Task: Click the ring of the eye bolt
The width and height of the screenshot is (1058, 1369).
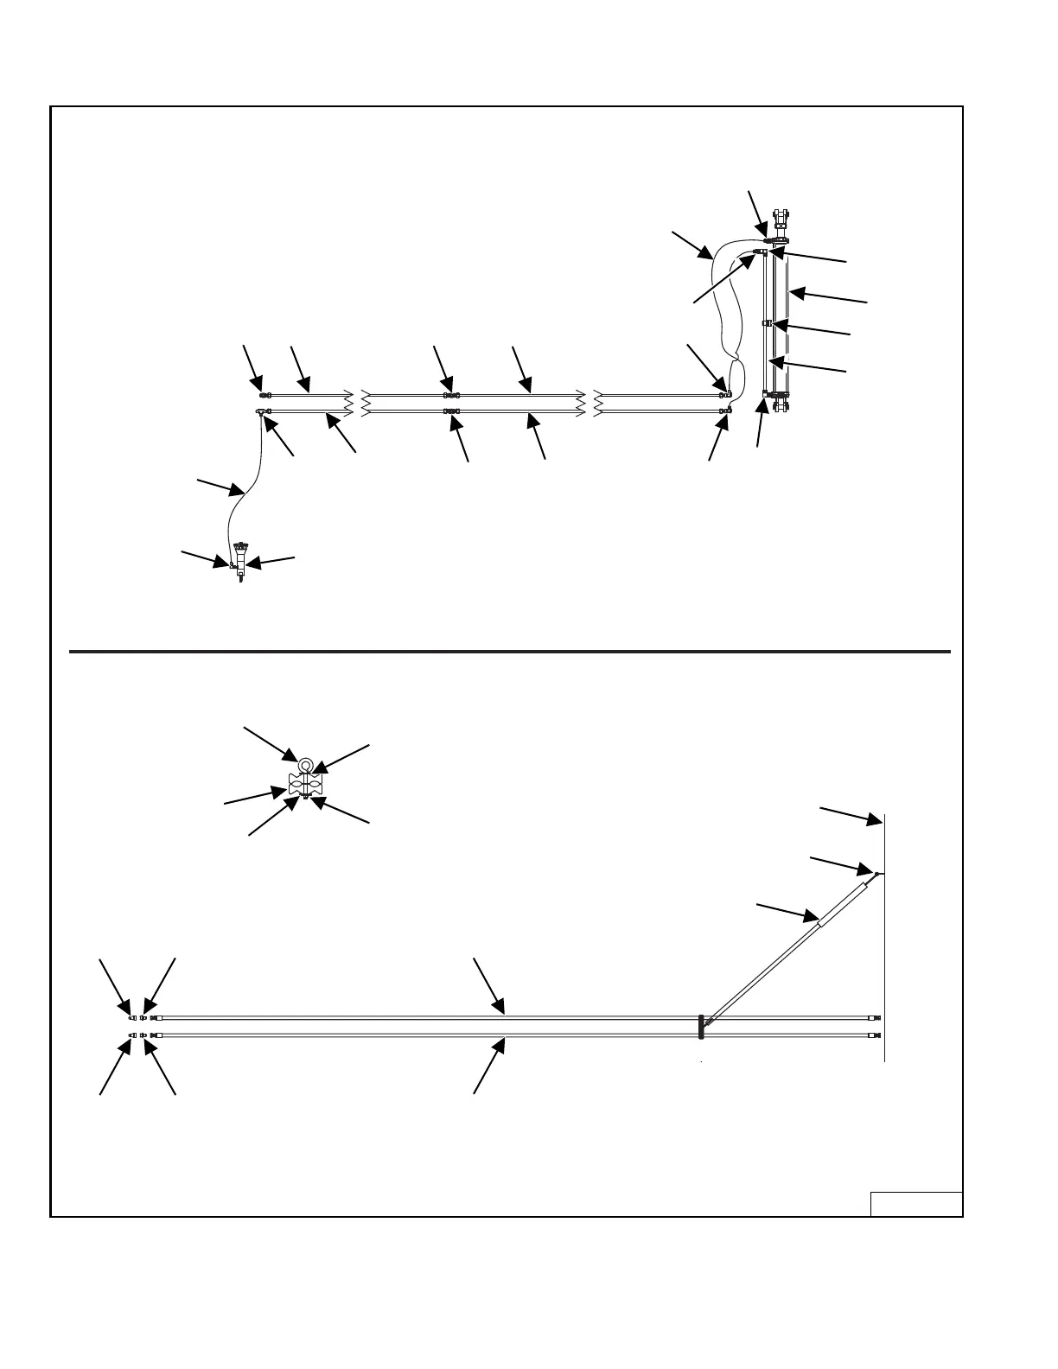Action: tap(306, 764)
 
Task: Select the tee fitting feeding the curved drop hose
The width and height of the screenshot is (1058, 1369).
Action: tap(260, 411)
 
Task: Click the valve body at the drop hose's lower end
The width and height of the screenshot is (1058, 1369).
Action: tap(239, 562)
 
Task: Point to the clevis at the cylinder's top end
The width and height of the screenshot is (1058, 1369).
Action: tap(781, 215)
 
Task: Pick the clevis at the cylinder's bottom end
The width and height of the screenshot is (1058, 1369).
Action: tap(781, 402)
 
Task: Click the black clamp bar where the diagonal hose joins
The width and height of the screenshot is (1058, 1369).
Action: tap(701, 1026)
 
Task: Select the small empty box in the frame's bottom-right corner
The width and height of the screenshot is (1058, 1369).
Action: tap(915, 1204)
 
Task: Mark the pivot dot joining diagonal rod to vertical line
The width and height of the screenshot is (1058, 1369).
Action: tap(876, 874)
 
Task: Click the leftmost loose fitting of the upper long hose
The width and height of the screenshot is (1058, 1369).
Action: tap(131, 1017)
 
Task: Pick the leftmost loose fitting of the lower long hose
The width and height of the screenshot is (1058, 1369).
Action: tap(131, 1035)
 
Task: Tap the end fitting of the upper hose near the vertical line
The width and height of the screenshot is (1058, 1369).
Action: tap(875, 1019)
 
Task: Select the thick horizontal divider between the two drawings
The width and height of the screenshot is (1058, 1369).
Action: tap(510, 651)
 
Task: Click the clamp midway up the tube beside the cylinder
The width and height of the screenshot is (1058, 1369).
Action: tap(767, 323)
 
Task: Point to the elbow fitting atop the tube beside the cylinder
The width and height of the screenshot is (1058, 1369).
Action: tap(759, 252)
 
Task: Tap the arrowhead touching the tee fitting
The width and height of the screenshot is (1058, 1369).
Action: tap(268, 421)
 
